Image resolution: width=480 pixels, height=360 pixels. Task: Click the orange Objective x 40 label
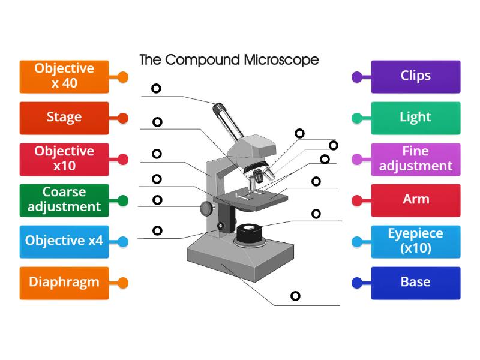[x=64, y=76]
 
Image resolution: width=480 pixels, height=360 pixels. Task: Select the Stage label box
[x=64, y=118]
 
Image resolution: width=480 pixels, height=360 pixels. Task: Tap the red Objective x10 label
[x=64, y=159]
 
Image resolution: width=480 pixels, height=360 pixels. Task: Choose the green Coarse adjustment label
[x=64, y=200]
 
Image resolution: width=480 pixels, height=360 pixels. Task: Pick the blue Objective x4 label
[x=64, y=241]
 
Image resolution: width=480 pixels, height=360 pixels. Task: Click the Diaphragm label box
[x=64, y=283]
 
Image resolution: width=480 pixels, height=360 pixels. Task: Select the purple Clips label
[x=416, y=76]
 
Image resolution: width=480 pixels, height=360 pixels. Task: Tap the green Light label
[x=416, y=118]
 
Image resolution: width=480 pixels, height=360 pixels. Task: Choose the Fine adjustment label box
[x=416, y=159]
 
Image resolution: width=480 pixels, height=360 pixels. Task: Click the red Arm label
[x=416, y=200]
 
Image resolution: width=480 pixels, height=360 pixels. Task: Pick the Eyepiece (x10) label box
[x=416, y=241]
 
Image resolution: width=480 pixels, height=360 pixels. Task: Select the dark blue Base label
[x=416, y=283]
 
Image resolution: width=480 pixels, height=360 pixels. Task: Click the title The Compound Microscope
[x=229, y=60]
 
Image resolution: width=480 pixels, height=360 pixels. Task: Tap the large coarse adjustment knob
[x=207, y=208]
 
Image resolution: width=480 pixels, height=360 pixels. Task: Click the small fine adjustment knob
[x=221, y=226]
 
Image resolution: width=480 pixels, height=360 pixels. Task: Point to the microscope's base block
[x=240, y=258]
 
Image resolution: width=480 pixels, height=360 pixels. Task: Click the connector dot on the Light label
[x=356, y=118]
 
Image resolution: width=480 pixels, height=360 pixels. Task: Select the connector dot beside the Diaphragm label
[x=123, y=283]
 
